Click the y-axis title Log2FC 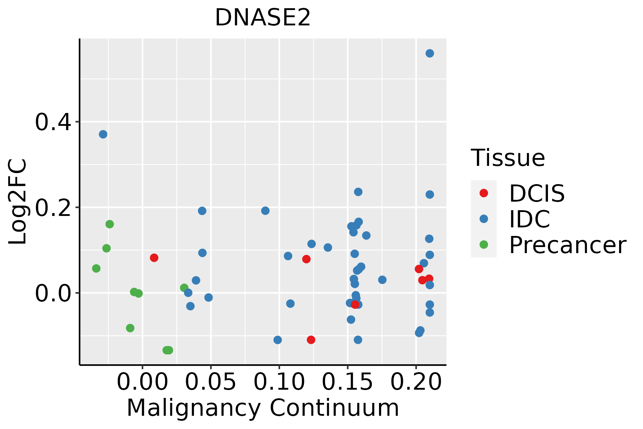pos(18,202)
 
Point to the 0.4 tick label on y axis pos(52,122)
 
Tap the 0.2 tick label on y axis pos(52,208)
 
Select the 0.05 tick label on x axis pos(211,382)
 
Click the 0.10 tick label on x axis pos(279,382)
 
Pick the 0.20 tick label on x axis pos(416,382)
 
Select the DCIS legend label pos(537,193)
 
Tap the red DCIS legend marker pos(484,193)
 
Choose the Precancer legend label pos(567,245)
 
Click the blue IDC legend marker pos(484,219)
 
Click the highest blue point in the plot pos(430,53)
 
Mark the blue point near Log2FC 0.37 pos(103,134)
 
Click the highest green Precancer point pos(110,224)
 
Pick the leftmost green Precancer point pos(96,268)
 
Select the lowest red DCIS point pos(311,340)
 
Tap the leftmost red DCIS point pos(154,258)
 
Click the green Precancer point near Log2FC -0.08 pos(130,328)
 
